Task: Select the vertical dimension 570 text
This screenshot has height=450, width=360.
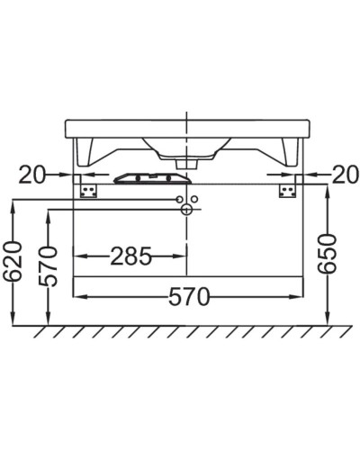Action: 49,265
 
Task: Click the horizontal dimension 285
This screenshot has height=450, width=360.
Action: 130,256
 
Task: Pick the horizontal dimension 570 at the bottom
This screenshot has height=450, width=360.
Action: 188,295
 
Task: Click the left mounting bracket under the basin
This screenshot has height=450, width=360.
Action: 88,190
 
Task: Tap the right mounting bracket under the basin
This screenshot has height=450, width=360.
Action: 286,190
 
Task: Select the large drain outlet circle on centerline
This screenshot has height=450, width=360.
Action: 186,210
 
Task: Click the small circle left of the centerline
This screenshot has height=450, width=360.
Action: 179,198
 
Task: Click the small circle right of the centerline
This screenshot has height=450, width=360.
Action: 194,198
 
